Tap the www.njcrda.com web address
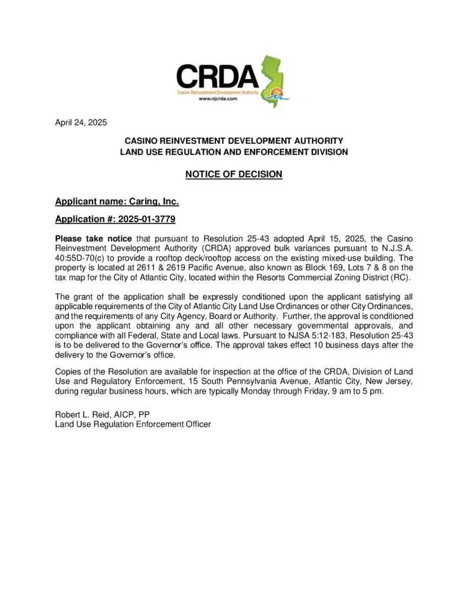[x=218, y=99]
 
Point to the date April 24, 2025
[x=81, y=123]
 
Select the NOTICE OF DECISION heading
[x=234, y=174]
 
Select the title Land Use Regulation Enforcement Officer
[x=133, y=424]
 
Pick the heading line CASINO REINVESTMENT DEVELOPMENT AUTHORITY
[x=234, y=141]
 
